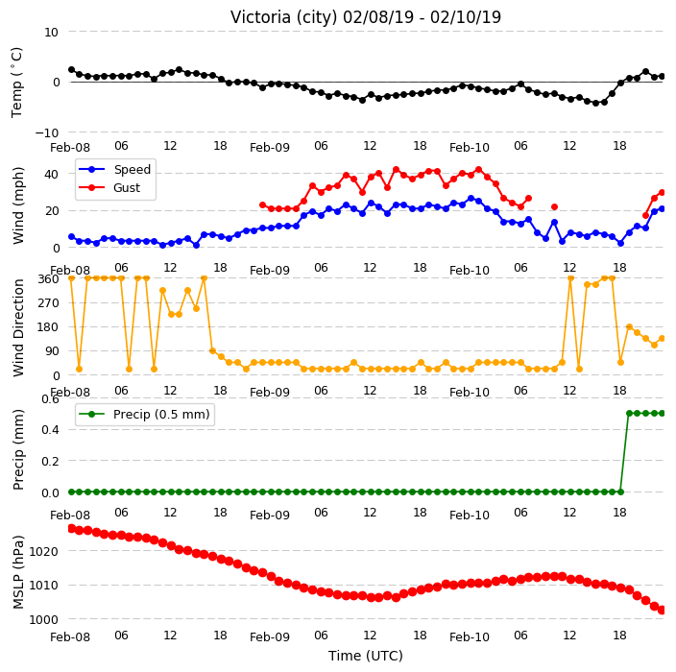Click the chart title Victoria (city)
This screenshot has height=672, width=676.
pyautogui.click(x=284, y=17)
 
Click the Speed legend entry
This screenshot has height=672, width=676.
pyautogui.click(x=114, y=169)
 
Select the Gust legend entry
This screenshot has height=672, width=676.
pyautogui.click(x=109, y=187)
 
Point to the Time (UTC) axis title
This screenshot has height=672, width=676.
pyautogui.click(x=366, y=656)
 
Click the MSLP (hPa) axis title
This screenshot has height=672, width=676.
pyautogui.click(x=18, y=572)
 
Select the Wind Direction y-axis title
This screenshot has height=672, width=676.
pyautogui.click(x=18, y=327)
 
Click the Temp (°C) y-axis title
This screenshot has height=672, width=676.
pyautogui.click(x=17, y=83)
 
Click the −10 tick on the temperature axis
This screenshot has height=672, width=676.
pyautogui.click(x=46, y=132)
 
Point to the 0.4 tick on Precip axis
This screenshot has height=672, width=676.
pyautogui.click(x=50, y=430)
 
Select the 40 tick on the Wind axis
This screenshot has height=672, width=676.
pyautogui.click(x=51, y=174)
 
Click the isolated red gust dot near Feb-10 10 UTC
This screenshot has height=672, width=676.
pyautogui.click(x=554, y=207)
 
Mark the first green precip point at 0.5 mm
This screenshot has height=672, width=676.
pyautogui.click(x=629, y=414)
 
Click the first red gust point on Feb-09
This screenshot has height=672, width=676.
pyautogui.click(x=262, y=205)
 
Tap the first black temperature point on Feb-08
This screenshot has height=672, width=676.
pyautogui.click(x=72, y=70)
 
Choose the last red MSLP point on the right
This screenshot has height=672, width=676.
pyautogui.click(x=663, y=610)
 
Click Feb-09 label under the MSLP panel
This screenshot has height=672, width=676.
pyautogui.click(x=270, y=637)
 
